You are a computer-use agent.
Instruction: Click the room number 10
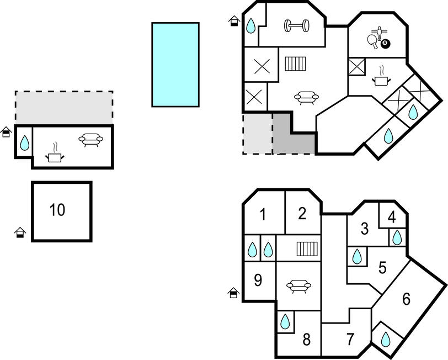click(x=57, y=210)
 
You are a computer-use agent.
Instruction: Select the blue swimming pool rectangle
click(x=175, y=64)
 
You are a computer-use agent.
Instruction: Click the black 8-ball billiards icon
click(x=385, y=44)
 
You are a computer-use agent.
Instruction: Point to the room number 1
click(x=263, y=214)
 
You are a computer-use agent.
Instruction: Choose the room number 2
click(x=302, y=214)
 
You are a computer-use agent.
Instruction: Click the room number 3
click(x=364, y=228)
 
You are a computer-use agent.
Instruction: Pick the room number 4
click(x=392, y=217)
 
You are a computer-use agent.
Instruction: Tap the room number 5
click(x=383, y=268)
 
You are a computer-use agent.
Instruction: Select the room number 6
click(x=407, y=299)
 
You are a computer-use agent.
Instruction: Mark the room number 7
click(x=350, y=340)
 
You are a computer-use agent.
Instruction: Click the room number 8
click(x=307, y=339)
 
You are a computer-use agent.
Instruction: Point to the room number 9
click(x=258, y=280)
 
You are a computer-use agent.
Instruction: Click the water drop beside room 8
click(x=285, y=321)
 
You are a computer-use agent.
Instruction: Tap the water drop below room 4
click(x=397, y=237)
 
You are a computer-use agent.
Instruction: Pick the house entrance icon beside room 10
click(x=20, y=232)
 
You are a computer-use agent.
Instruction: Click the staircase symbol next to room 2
click(x=307, y=250)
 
